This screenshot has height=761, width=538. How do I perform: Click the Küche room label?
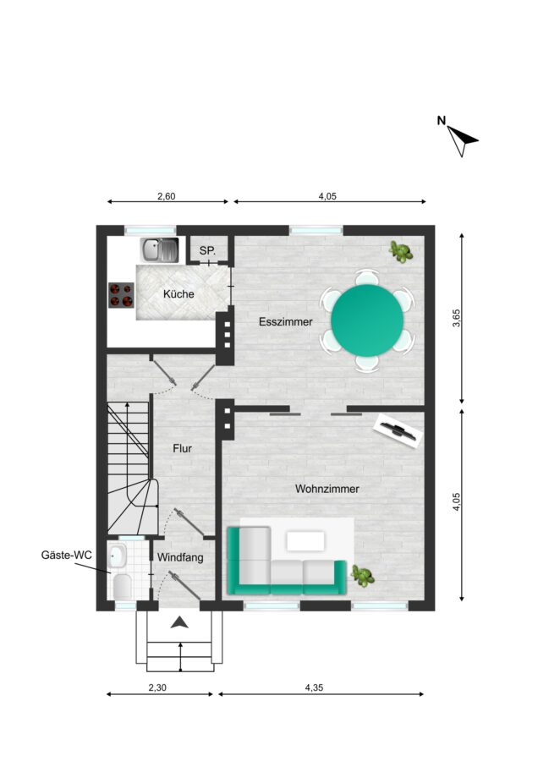tap(178, 293)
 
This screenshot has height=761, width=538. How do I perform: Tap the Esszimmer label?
tap(286, 322)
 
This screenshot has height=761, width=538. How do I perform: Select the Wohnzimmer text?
tap(327, 489)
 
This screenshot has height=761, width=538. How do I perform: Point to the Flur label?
tap(182, 448)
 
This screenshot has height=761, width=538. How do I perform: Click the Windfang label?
tap(180, 558)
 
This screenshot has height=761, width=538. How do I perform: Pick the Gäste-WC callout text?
tap(66, 556)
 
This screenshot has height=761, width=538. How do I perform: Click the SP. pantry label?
tap(207, 252)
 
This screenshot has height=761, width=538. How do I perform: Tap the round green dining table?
tap(367, 320)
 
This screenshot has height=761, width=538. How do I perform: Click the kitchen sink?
tap(160, 250)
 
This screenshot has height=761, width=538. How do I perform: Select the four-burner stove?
tap(121, 295)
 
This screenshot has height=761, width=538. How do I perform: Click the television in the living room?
tap(398, 430)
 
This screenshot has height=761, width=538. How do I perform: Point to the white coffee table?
tap(305, 541)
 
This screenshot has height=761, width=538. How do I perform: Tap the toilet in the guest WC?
tap(122, 586)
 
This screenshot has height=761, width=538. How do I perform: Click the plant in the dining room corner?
tap(401, 252)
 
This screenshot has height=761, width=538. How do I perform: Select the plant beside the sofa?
tap(363, 576)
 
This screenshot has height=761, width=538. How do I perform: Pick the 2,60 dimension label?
tap(167, 196)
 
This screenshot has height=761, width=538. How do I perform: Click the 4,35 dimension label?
tap(314, 687)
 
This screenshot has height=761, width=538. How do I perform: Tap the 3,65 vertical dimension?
tap(456, 318)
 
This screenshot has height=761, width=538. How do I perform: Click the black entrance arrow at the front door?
tap(179, 622)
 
